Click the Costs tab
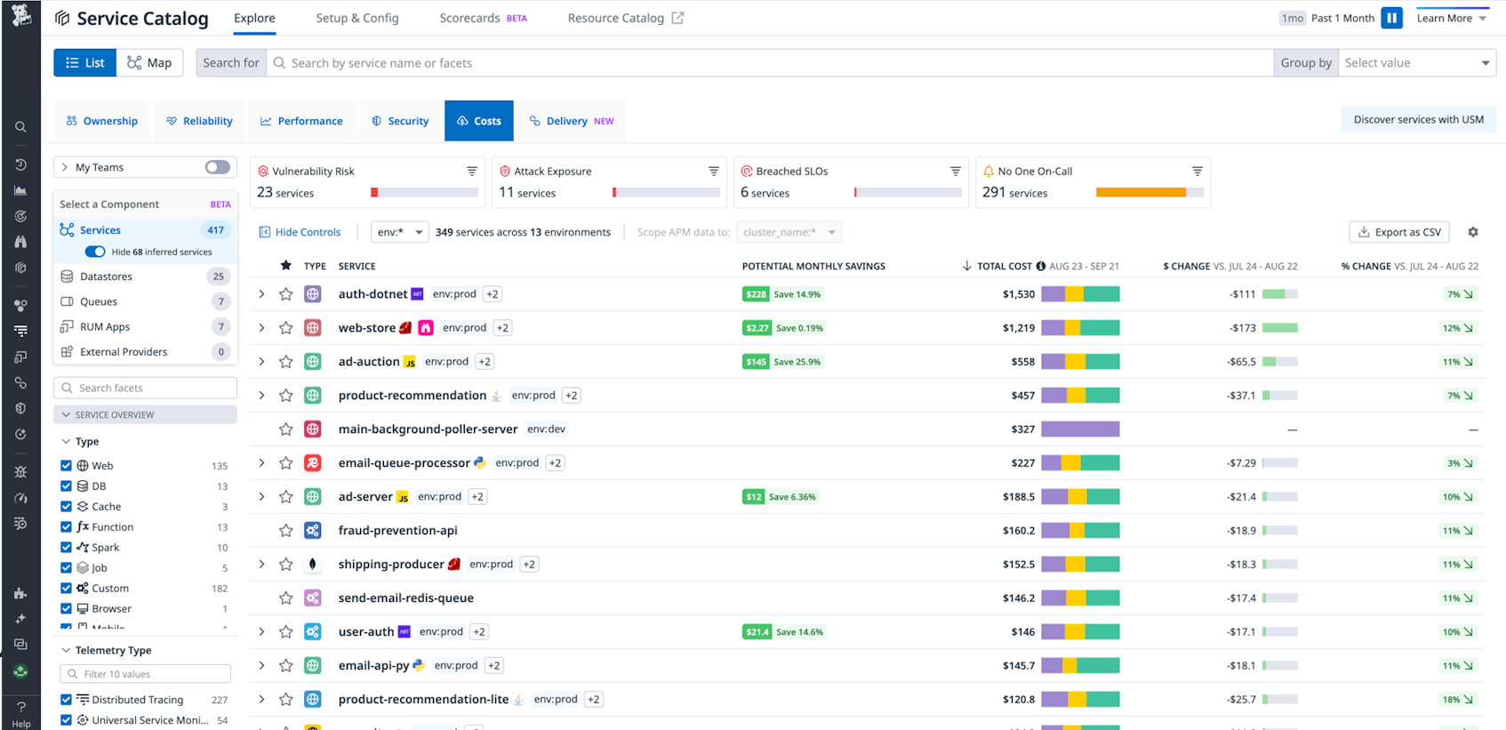click(x=479, y=121)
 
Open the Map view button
click(x=149, y=62)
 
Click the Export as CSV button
click(x=1399, y=232)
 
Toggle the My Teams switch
click(x=217, y=167)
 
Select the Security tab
click(x=400, y=121)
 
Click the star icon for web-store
click(x=285, y=328)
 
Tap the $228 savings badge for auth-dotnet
click(x=756, y=294)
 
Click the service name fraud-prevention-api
click(x=397, y=531)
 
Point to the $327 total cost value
click(x=1022, y=429)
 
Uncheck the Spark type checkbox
click(x=66, y=548)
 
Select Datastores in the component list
click(x=106, y=277)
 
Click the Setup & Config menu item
click(x=357, y=18)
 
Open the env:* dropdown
click(x=399, y=232)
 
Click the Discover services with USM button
click(x=1418, y=119)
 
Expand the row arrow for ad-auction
click(x=261, y=362)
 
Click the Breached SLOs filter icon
click(x=956, y=171)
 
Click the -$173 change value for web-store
click(x=1242, y=328)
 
